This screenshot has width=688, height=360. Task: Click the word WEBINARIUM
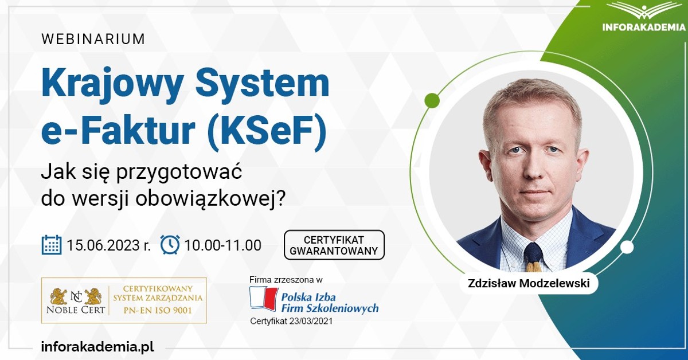93,40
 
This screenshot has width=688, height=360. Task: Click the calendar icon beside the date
52,245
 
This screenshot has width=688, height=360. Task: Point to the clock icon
170,245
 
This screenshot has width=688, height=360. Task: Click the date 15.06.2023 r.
108,245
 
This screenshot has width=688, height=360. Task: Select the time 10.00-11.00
223,245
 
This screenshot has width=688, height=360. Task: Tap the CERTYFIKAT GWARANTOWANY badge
334,245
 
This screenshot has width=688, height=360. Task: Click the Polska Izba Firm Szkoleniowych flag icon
263,299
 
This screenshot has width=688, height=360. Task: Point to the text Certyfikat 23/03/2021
291,321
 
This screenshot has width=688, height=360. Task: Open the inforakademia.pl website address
97,347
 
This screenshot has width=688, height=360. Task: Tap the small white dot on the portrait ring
627,247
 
